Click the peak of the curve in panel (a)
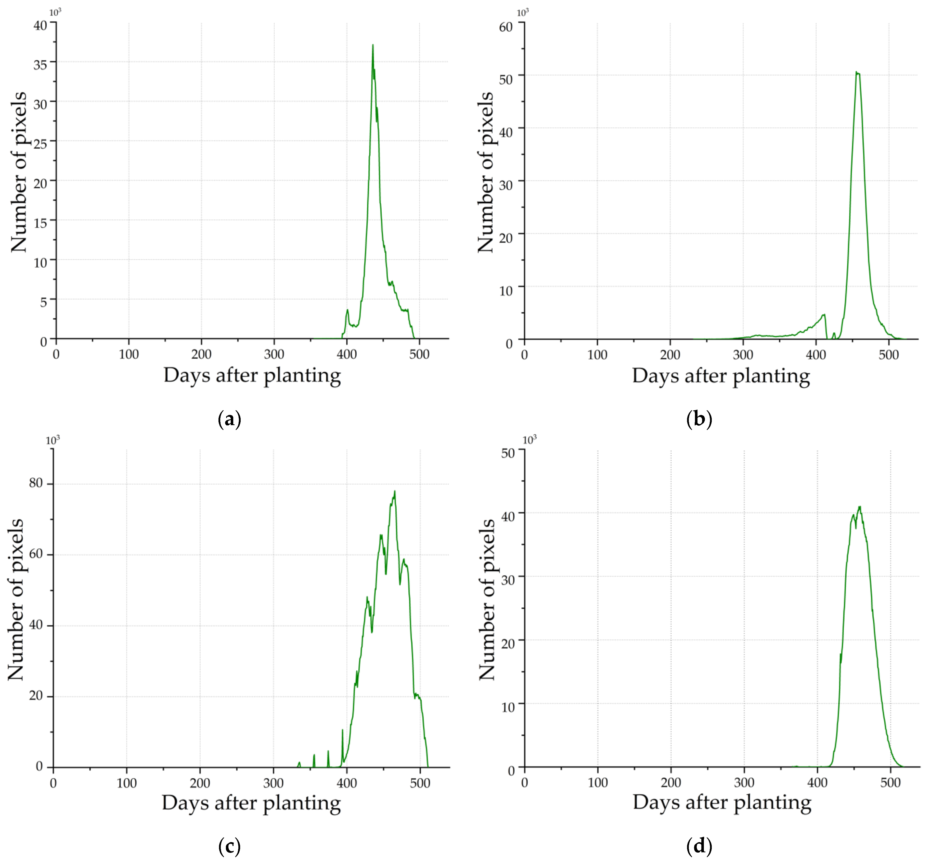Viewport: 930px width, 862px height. pos(372,46)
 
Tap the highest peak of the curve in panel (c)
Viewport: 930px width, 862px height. pos(394,491)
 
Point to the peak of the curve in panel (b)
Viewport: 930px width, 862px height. pos(857,72)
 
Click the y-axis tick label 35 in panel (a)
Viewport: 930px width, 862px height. pos(40,64)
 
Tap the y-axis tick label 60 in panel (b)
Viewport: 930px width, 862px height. pos(506,27)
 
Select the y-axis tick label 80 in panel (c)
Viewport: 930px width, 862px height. pos(36,483)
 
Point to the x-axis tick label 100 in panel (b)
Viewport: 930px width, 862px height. pos(597,355)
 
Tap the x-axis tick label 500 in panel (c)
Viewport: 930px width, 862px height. pos(420,783)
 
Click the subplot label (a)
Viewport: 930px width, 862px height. pos(230,419)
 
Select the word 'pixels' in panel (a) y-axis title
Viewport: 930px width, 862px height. pos(19,119)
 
